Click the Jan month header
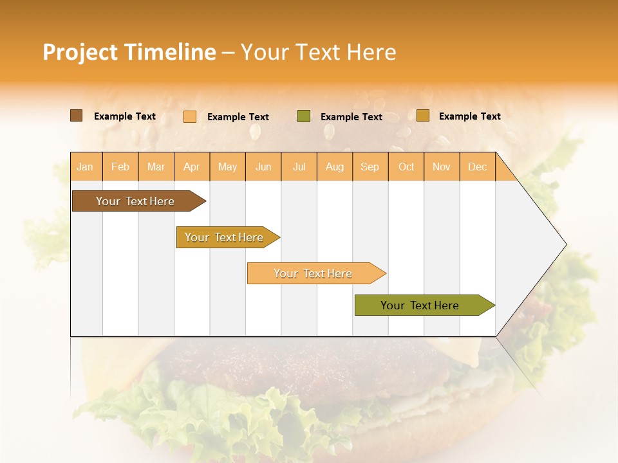[x=86, y=167]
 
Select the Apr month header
[x=192, y=167]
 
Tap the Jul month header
[x=299, y=167]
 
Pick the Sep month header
[x=370, y=167]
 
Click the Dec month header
[x=477, y=167]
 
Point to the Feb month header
[x=120, y=167]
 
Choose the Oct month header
[x=406, y=167]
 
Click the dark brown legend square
[x=77, y=116]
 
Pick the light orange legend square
[x=190, y=116]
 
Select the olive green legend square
[x=304, y=116]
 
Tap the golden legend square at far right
[x=423, y=116]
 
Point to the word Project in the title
[x=80, y=52]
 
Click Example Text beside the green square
[x=351, y=117]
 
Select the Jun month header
[x=263, y=167]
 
